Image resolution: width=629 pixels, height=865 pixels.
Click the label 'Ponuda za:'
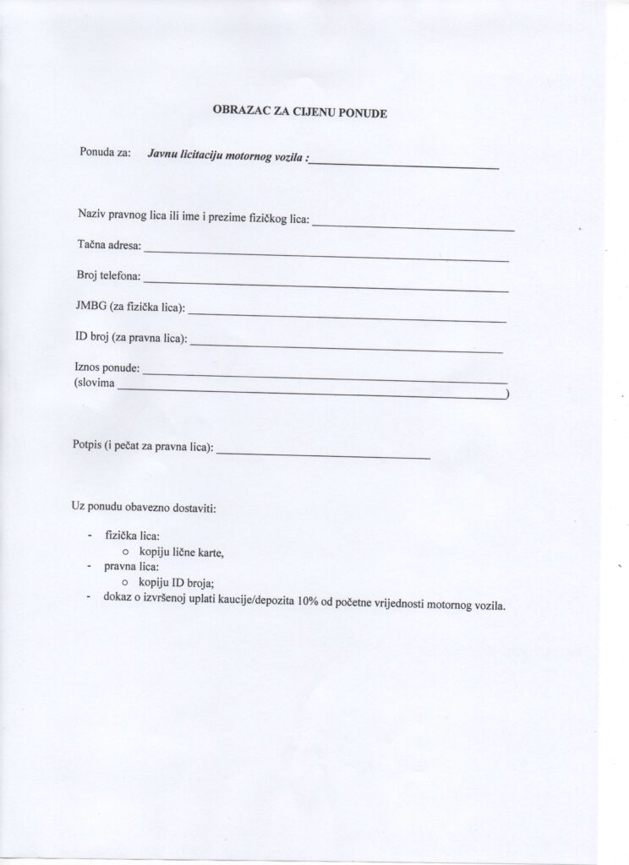[105, 154]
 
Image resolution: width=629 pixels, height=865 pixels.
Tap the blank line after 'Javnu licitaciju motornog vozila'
[404, 167]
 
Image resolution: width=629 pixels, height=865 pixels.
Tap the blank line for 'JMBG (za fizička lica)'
[347, 317]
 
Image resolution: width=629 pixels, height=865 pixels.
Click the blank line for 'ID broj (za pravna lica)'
[347, 346]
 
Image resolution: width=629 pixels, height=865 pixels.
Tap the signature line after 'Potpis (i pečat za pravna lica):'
[324, 457]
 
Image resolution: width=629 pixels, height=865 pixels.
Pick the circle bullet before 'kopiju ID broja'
[124, 583]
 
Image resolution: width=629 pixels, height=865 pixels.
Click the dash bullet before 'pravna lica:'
[89, 568]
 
